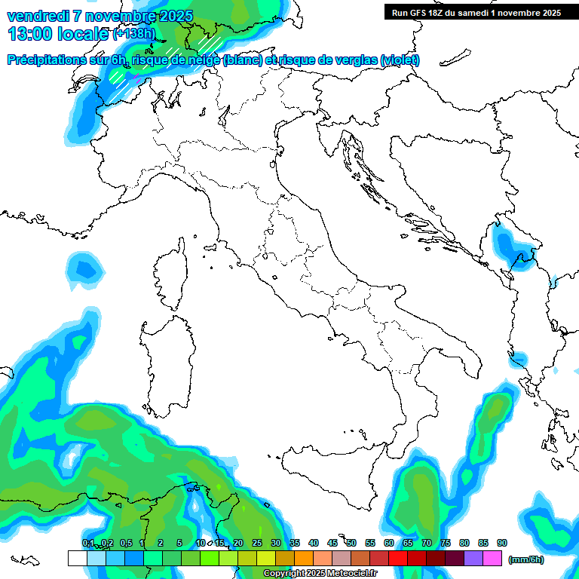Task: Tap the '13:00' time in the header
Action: click(29, 34)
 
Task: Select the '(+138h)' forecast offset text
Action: click(133, 34)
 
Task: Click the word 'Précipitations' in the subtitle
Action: click(47, 60)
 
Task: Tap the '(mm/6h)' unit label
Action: click(525, 559)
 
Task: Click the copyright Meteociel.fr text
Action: click(320, 574)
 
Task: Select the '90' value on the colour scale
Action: click(502, 543)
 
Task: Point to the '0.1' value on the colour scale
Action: click(88, 543)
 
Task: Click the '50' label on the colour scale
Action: click(351, 543)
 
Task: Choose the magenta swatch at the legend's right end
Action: click(492, 559)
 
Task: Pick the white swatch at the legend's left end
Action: click(77, 559)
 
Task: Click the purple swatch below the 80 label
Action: click(473, 559)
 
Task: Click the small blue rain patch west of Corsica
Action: click(84, 270)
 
